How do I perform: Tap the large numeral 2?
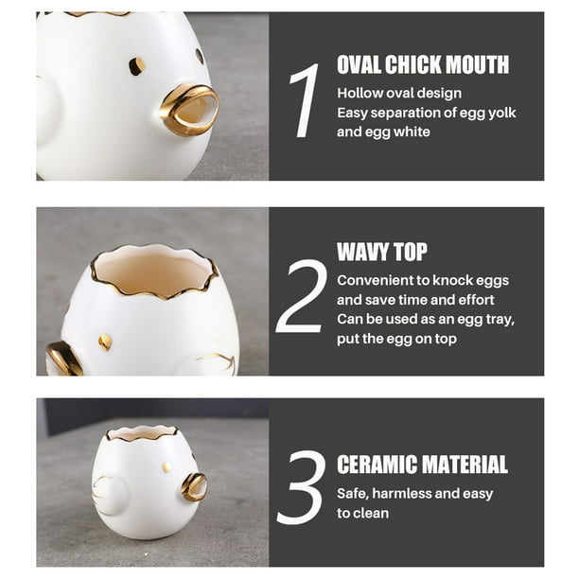click(301, 296)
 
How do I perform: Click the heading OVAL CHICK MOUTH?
click(423, 64)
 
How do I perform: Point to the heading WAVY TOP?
click(381, 252)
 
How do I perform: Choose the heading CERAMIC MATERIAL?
click(422, 465)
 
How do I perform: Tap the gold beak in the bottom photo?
click(195, 486)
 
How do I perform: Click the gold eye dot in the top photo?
click(136, 65)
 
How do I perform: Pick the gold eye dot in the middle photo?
click(105, 342)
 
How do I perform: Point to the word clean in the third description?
click(371, 514)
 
